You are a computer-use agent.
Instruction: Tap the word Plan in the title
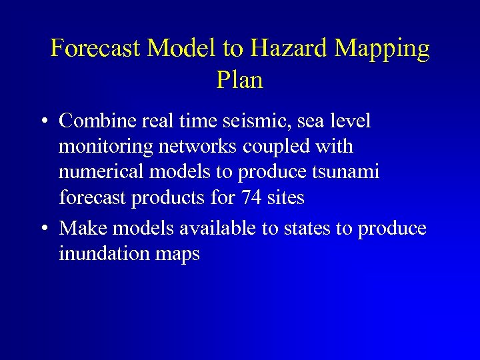(x=240, y=80)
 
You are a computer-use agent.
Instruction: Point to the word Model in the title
(x=180, y=48)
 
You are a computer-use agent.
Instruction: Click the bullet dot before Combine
(x=43, y=122)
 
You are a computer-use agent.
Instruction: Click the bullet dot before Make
(x=43, y=229)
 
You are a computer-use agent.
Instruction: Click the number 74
(x=257, y=198)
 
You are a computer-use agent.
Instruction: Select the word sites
(x=288, y=198)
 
